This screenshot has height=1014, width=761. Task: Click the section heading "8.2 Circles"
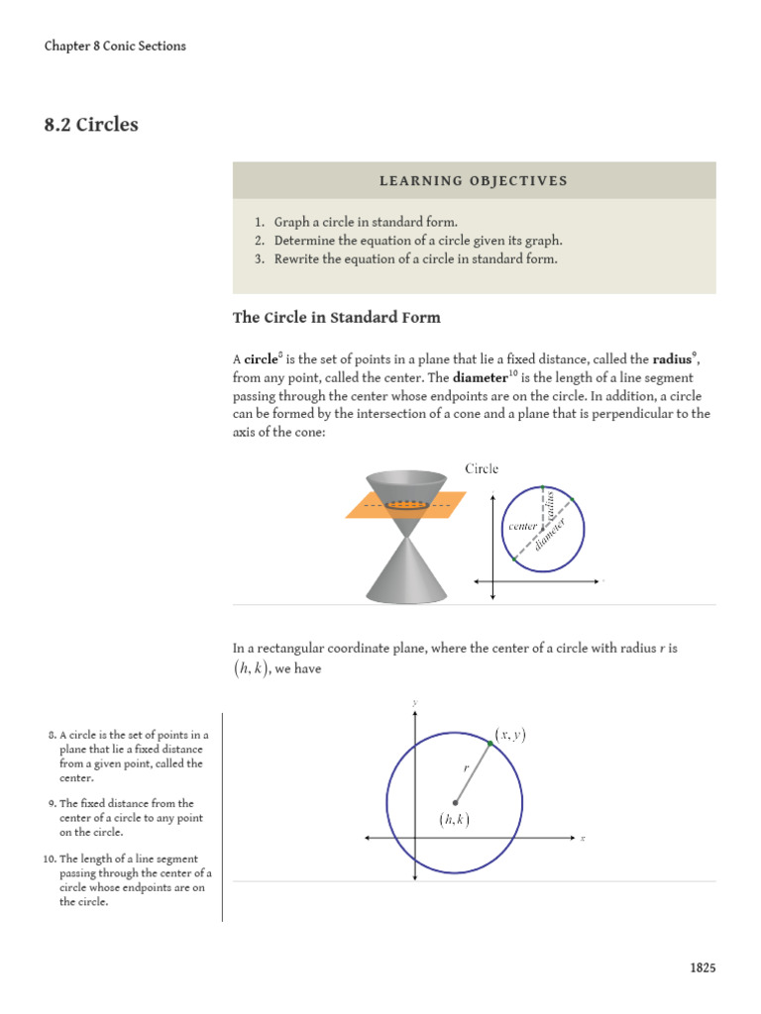[x=91, y=125]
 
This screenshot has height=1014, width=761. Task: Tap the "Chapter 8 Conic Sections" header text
[x=115, y=46]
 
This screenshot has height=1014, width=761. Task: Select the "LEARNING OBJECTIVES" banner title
[x=474, y=180]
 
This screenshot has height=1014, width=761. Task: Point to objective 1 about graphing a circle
[x=366, y=222]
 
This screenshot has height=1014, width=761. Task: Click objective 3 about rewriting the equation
[x=416, y=259]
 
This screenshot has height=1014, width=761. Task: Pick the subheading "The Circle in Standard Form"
[x=337, y=318]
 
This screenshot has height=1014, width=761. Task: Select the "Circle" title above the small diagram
[x=482, y=468]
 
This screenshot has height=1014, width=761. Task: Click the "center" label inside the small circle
[x=522, y=527]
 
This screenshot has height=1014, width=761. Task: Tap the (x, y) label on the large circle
[x=511, y=734]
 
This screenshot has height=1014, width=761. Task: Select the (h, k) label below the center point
[x=454, y=819]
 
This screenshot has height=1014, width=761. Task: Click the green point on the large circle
[x=490, y=743]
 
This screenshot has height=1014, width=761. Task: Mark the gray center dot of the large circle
[x=455, y=802]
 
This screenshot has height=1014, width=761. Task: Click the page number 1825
[x=703, y=967]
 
